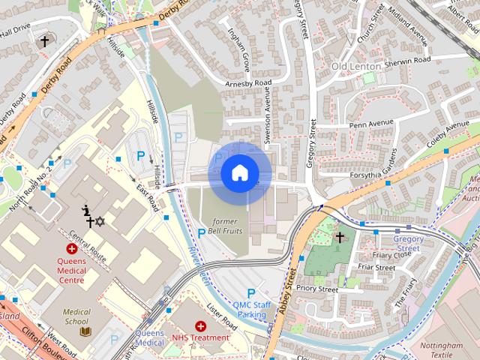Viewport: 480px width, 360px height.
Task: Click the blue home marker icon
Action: pos(239,173)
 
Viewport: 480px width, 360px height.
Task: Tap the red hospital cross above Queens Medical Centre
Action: pos(72,248)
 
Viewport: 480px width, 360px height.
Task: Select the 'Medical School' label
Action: pos(76,316)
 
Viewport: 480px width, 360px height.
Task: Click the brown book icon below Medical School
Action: pos(85,331)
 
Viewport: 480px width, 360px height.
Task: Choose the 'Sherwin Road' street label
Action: pos(407,60)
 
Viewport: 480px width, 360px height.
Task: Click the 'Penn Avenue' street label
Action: pos(371,124)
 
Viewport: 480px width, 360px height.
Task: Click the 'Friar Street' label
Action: pos(376,267)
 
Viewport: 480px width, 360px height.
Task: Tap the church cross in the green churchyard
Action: pos(339,238)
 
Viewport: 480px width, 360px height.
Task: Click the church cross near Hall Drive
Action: pos(44,41)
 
